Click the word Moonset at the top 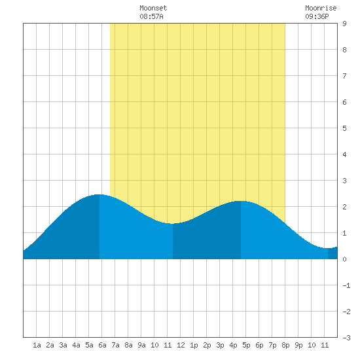[x=153, y=8]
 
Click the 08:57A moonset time [x=151, y=16]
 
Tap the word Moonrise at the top [x=321, y=8]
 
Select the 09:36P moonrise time [x=317, y=16]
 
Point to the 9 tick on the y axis [x=344, y=24]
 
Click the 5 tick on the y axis [x=344, y=128]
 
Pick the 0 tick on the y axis [x=344, y=259]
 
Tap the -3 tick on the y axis [x=346, y=338]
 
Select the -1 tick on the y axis [x=346, y=285]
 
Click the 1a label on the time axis [x=37, y=345]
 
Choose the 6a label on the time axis [x=102, y=345]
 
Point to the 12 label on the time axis [x=181, y=345]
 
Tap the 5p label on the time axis [x=246, y=345]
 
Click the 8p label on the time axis [x=285, y=345]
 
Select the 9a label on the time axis [x=141, y=345]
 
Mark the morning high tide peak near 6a [x=99, y=194]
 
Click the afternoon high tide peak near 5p [x=241, y=201]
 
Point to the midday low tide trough [x=173, y=223]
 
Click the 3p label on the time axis [x=220, y=345]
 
